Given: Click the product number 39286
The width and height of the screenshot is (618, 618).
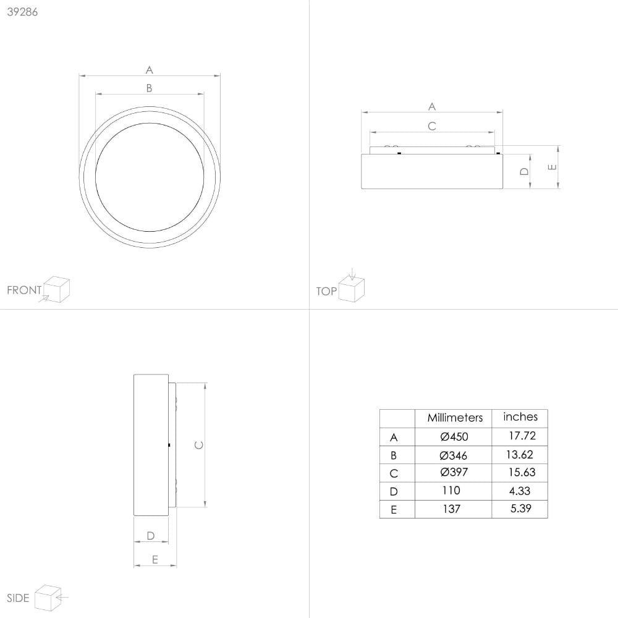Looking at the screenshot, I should click(x=22, y=12).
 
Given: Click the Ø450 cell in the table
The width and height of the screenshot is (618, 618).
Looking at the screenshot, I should click(x=454, y=437).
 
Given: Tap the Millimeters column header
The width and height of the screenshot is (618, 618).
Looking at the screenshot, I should click(x=455, y=418).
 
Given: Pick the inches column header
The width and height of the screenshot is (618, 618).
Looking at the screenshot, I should click(x=520, y=417).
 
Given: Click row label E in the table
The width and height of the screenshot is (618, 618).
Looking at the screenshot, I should click(x=394, y=510).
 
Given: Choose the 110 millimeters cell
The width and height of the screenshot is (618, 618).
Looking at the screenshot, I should click(x=451, y=491).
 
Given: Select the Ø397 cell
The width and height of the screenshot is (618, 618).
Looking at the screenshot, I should click(x=454, y=473).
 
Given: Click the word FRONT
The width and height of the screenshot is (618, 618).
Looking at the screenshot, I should click(x=24, y=290).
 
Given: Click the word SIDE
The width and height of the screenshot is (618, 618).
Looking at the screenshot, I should click(x=18, y=598).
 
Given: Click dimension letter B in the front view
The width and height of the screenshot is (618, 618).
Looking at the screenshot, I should click(x=149, y=88).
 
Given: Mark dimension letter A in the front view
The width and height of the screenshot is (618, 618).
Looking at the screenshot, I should click(x=149, y=70).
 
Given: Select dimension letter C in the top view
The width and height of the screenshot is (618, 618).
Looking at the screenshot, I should click(x=432, y=126).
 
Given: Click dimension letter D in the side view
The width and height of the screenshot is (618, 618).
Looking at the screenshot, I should click(x=150, y=536).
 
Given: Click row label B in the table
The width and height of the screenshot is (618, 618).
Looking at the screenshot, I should click(x=394, y=455).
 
